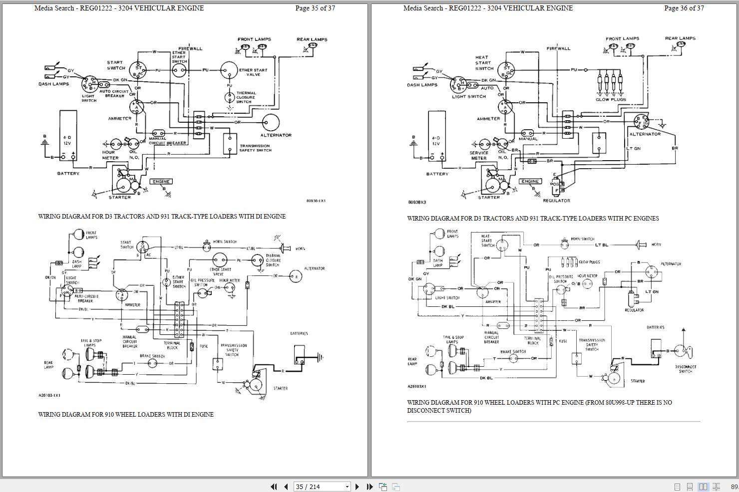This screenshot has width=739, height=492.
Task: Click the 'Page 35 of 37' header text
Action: [315, 8]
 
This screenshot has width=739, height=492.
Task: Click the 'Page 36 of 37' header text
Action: [684, 8]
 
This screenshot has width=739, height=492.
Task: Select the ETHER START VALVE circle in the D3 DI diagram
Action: [229, 70]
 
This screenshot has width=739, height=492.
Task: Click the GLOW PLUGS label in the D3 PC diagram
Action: [610, 99]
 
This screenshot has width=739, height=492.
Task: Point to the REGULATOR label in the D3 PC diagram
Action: [556, 201]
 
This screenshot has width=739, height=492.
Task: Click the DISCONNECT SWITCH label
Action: [686, 369]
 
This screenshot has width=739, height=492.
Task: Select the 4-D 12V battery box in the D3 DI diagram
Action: [68, 135]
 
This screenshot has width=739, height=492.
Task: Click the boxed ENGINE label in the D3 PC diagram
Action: [530, 182]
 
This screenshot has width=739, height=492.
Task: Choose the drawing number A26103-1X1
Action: [49, 395]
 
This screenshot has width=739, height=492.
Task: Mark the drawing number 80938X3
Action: [418, 203]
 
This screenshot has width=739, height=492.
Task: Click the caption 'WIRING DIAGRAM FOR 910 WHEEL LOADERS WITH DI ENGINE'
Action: [126, 414]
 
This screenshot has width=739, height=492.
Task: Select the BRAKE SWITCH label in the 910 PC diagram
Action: [513, 352]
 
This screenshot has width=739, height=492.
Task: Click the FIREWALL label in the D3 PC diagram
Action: [558, 48]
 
